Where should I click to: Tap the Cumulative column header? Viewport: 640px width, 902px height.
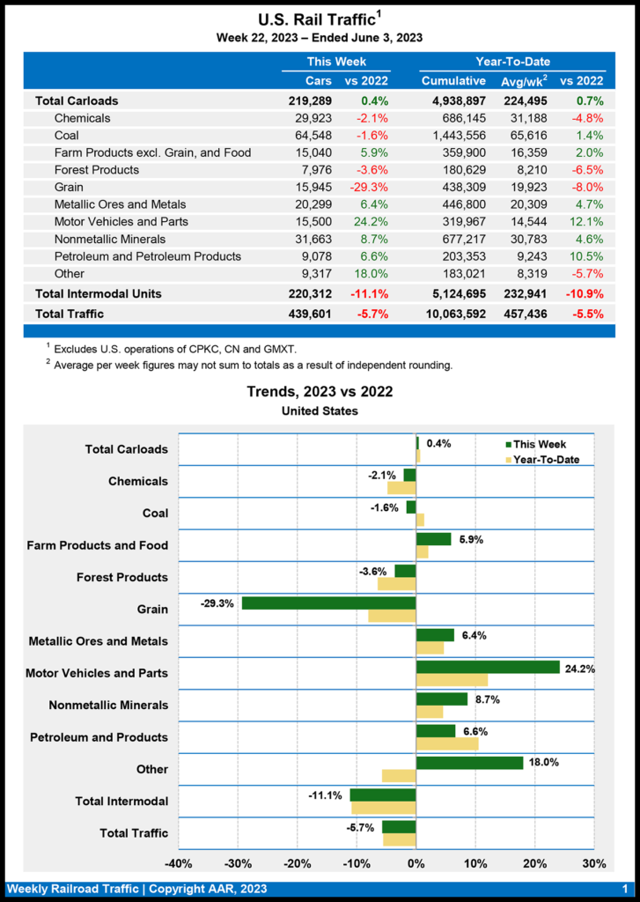(x=453, y=81)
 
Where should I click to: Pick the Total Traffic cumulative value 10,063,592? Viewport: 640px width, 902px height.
(x=448, y=314)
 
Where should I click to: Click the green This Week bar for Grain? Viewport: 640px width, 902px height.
(x=328, y=603)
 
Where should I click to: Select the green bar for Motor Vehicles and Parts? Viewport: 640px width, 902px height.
(x=488, y=667)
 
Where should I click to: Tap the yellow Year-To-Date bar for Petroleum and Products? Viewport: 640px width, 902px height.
(x=447, y=743)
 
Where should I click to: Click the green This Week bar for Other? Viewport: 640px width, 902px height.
(x=469, y=763)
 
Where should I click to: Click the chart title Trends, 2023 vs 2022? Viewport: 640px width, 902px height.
(x=320, y=392)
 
